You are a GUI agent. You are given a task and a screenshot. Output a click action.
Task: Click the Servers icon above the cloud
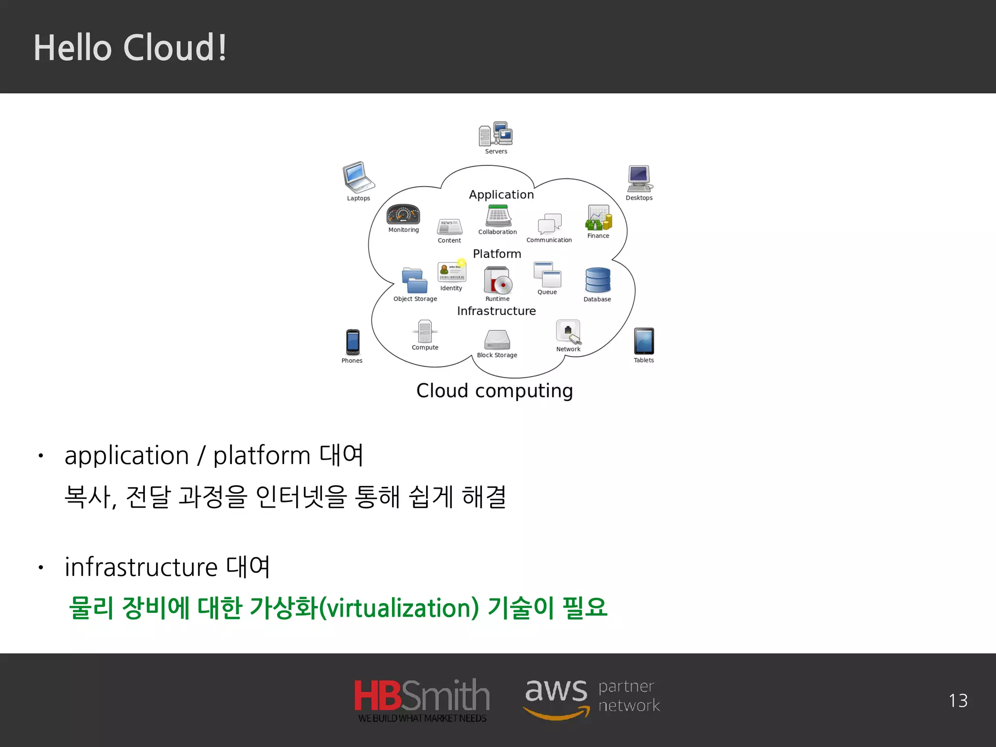pyautogui.click(x=496, y=134)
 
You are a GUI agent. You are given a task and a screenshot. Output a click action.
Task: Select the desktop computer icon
pyautogui.click(x=640, y=178)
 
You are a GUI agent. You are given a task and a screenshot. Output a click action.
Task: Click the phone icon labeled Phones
pyautogui.click(x=353, y=342)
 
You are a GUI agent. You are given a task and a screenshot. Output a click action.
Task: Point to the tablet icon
pyautogui.click(x=644, y=341)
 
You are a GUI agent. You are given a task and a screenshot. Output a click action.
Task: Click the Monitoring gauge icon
pyautogui.click(x=403, y=214)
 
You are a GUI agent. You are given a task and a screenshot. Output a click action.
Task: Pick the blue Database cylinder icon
pyautogui.click(x=598, y=281)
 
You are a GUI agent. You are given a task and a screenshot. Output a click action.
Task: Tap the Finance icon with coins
pyautogui.click(x=599, y=217)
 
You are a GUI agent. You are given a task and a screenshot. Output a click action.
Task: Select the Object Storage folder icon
pyautogui.click(x=414, y=281)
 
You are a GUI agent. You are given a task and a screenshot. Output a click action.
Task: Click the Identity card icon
pyautogui.click(x=452, y=272)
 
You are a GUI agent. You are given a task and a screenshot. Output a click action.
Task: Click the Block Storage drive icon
pyautogui.click(x=497, y=339)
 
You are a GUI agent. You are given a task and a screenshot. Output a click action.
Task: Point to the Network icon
pyautogui.click(x=568, y=332)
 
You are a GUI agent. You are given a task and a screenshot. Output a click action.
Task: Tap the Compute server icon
pyautogui.click(x=425, y=331)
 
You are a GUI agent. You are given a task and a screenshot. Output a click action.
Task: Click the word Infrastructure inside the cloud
pyautogui.click(x=496, y=311)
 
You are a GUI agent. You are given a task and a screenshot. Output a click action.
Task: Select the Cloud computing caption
pyautogui.click(x=495, y=391)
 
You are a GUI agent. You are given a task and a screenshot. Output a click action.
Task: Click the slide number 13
pyautogui.click(x=958, y=701)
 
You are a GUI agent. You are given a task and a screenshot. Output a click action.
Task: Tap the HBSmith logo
pyautogui.click(x=422, y=699)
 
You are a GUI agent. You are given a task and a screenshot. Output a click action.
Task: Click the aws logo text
pyautogui.click(x=556, y=691)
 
